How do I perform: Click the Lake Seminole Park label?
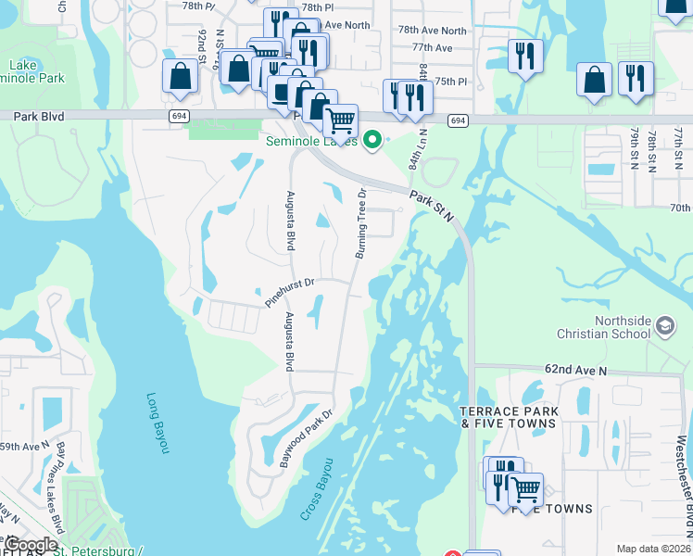(36, 71)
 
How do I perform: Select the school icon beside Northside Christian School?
(665, 325)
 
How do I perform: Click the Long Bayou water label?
(159, 423)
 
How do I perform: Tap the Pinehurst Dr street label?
(290, 292)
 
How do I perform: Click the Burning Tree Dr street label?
(360, 224)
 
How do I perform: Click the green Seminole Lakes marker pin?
(372, 141)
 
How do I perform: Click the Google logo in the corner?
(31, 545)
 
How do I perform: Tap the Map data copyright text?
(653, 549)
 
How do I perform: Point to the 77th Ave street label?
(433, 47)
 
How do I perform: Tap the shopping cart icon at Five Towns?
(526, 488)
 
